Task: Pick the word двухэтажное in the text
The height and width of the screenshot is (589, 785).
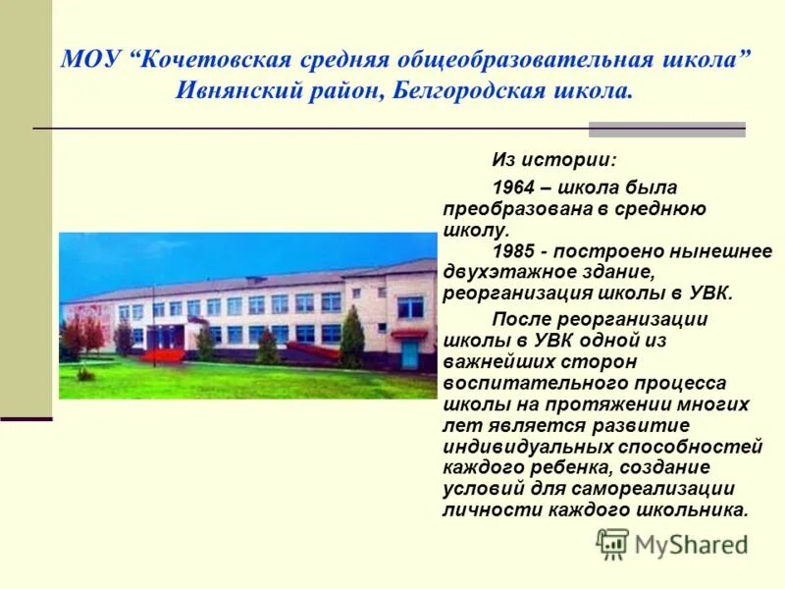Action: click(x=507, y=272)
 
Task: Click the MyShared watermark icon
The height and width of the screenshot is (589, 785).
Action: click(x=612, y=543)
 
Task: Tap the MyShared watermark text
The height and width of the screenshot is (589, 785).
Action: click(x=691, y=544)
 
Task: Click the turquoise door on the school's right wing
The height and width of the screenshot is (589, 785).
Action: click(x=409, y=351)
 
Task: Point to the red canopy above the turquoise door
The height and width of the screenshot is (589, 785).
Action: click(x=408, y=333)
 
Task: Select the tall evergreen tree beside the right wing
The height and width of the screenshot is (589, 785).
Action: click(x=352, y=339)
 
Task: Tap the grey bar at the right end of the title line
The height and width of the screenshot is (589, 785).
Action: click(x=666, y=129)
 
